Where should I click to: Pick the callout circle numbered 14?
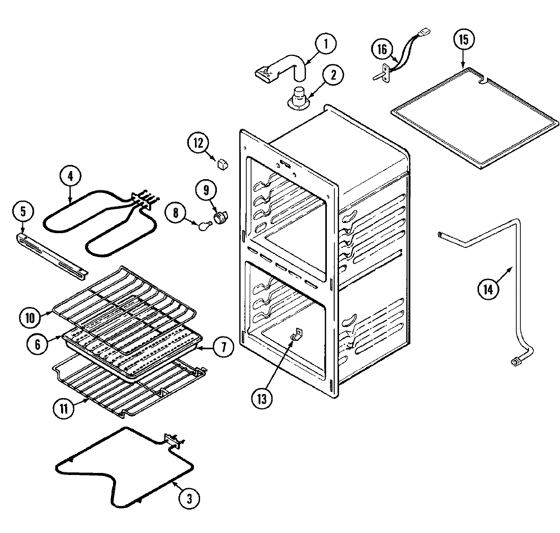click(x=488, y=289)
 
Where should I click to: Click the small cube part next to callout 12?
click(x=222, y=163)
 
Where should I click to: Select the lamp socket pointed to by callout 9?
click(x=221, y=217)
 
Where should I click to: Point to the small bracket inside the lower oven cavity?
click(x=296, y=335)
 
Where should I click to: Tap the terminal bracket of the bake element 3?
click(x=173, y=441)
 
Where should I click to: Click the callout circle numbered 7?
click(x=224, y=348)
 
